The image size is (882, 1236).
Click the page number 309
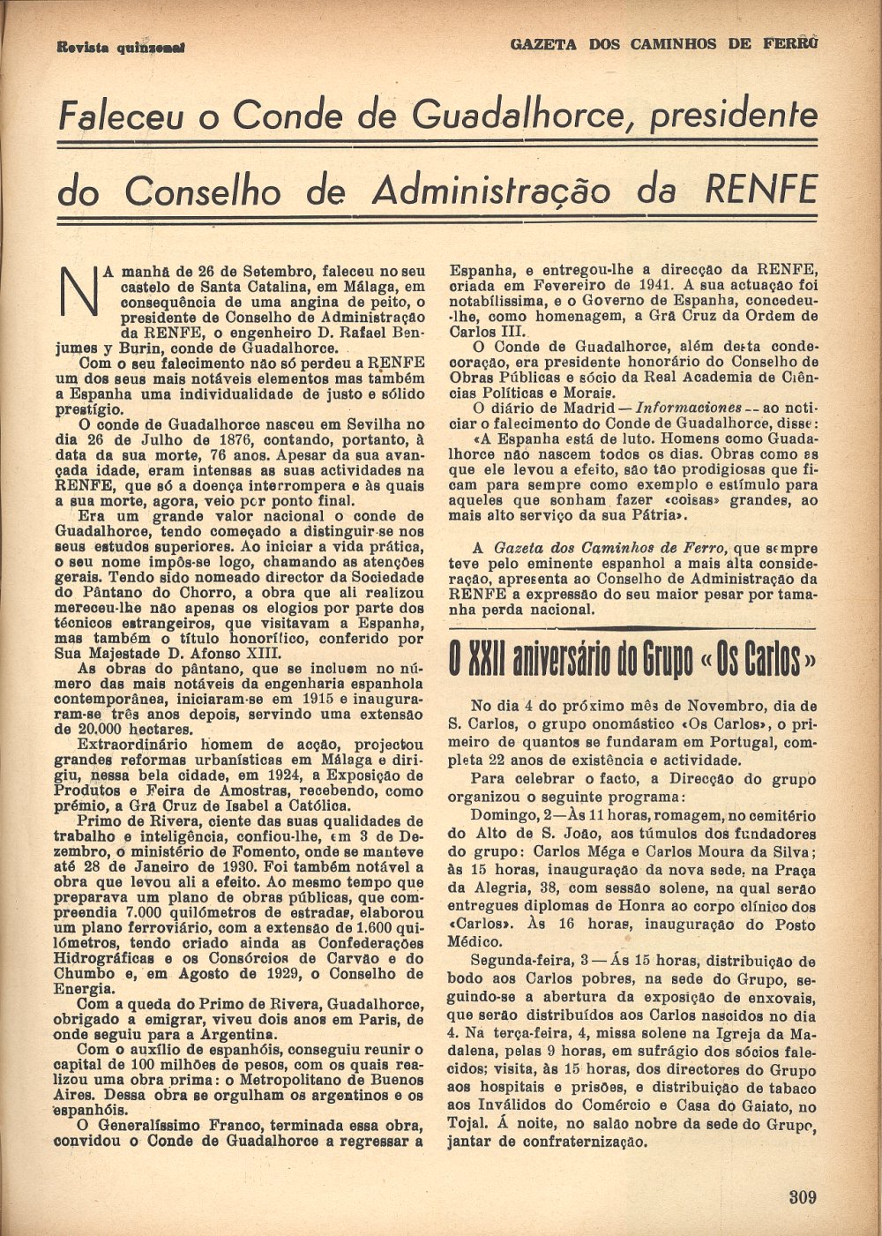[x=802, y=1197]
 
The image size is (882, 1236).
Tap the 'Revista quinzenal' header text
[x=121, y=48]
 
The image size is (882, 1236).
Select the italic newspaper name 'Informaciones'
[x=688, y=408]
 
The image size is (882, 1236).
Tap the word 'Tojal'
[x=468, y=1123]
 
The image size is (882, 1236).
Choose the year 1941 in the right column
[x=637, y=285]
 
